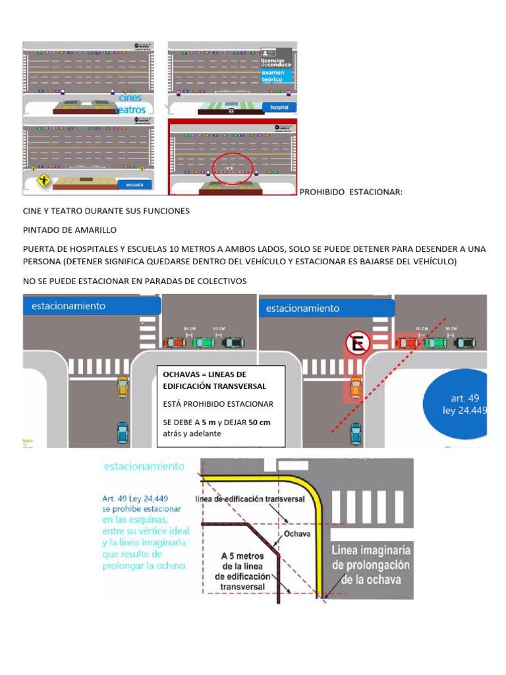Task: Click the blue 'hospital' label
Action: pyautogui.click(x=279, y=107)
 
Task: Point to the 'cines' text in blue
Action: pyautogui.click(x=130, y=98)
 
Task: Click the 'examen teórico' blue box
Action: pyautogui.click(x=275, y=76)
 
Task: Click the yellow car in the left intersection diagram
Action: pyautogui.click(x=123, y=386)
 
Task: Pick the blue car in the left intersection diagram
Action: pyautogui.click(x=123, y=432)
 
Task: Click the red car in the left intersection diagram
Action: pyautogui.click(x=175, y=342)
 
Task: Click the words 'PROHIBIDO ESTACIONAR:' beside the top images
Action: pyautogui.click(x=351, y=192)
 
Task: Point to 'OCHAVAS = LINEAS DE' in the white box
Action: pyautogui.click(x=203, y=374)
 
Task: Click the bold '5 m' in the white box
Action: pyautogui.click(x=209, y=422)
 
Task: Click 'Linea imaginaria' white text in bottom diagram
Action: pyautogui.click(x=372, y=550)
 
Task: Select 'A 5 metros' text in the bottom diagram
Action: pyautogui.click(x=240, y=555)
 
